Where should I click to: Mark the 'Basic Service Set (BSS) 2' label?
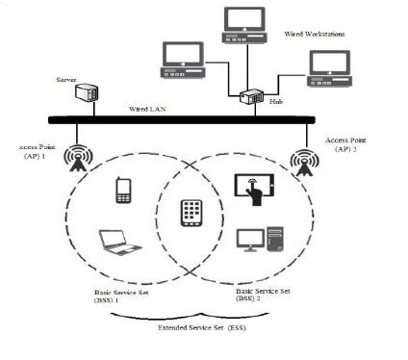point(264,294)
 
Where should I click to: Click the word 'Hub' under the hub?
point(276,100)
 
